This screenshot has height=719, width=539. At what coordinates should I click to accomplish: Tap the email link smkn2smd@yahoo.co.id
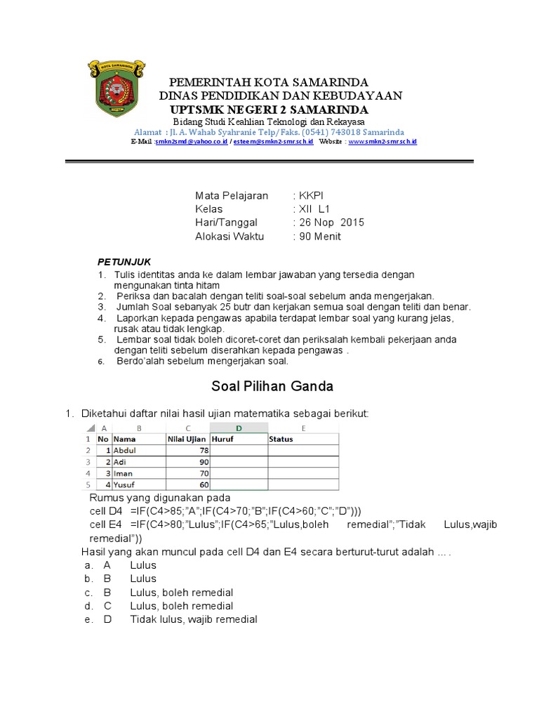pos(191,142)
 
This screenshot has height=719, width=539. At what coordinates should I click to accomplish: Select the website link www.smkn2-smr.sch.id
pos(382,142)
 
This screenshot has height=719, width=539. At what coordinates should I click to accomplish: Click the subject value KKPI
pos(310,196)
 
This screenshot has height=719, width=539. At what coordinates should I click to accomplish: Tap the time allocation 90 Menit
pos(319,236)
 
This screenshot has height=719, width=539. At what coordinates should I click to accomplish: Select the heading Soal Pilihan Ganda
pos(272,386)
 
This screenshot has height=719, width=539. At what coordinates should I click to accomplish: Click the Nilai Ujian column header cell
pos(187,439)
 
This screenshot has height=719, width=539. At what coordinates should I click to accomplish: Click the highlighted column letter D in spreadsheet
pos(239,428)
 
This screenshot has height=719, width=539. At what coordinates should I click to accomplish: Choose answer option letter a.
pos(88,565)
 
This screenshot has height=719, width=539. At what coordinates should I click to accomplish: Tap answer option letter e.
pos(88,619)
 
